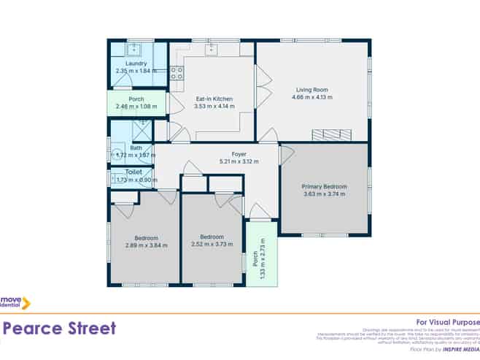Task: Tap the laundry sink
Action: tap(133, 50)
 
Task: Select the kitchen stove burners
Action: tap(176, 72)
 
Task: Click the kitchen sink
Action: tap(212, 49)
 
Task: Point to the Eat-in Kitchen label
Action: tap(214, 99)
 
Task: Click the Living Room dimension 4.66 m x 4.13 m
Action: tap(311, 96)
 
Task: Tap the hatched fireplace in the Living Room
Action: tap(331, 134)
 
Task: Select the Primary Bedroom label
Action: tap(324, 187)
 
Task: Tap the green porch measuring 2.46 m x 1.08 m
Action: tap(136, 103)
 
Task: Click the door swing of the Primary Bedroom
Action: tap(285, 154)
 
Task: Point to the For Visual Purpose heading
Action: tap(447, 321)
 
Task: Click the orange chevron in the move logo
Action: tap(26, 302)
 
